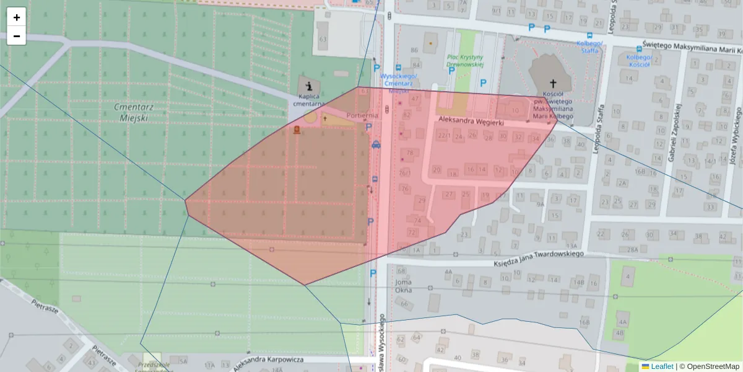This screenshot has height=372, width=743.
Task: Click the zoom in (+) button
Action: click(x=17, y=17)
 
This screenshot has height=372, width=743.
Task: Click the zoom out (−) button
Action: click(x=17, y=36)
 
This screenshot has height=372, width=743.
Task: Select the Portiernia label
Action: click(x=362, y=115)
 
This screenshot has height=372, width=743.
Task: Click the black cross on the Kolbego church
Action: click(x=553, y=83)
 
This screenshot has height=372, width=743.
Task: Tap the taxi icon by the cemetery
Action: click(x=376, y=144)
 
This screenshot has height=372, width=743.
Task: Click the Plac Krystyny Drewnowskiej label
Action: click(x=465, y=61)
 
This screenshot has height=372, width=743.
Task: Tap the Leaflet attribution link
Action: click(x=662, y=366)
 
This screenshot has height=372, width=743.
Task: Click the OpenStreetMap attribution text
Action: click(x=713, y=366)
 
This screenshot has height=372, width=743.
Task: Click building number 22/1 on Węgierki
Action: click(x=443, y=135)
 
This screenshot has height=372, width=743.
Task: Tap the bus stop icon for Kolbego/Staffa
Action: click(x=589, y=35)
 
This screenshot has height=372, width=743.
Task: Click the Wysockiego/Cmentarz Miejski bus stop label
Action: click(x=399, y=79)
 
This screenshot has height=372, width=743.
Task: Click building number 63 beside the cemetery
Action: click(x=322, y=40)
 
